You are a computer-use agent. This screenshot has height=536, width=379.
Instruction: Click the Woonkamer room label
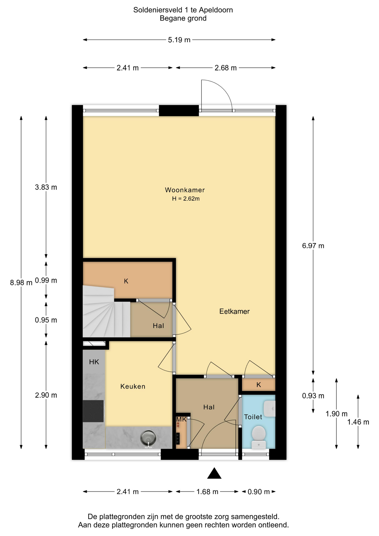click(185, 190)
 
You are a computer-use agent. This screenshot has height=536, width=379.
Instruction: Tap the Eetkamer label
click(234, 311)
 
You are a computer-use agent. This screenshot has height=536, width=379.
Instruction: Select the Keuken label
click(133, 386)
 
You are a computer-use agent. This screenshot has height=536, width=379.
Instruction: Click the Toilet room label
click(253, 417)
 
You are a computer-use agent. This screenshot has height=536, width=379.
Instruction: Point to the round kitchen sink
click(148, 438)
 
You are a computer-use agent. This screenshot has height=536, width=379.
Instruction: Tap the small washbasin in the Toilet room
click(270, 409)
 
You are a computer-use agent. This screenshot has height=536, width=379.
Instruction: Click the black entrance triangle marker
click(214, 473)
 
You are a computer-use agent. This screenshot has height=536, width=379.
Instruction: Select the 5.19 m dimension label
click(179, 40)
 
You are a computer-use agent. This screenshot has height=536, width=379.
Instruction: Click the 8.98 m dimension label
click(21, 283)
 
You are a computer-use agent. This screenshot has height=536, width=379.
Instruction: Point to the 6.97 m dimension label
click(313, 246)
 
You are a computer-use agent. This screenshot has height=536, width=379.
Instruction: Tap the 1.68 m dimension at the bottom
click(207, 492)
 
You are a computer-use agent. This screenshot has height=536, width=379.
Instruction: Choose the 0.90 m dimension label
click(259, 492)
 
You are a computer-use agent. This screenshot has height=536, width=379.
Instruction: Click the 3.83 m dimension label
click(46, 187)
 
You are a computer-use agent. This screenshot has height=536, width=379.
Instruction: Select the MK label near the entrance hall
click(181, 419)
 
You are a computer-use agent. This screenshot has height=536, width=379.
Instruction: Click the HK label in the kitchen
click(94, 362)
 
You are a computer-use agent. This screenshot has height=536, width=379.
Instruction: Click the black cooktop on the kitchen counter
click(93, 411)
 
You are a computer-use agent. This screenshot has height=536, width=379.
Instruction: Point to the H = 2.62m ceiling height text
click(186, 199)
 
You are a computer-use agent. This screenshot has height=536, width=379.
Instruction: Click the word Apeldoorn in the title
click(216, 10)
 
